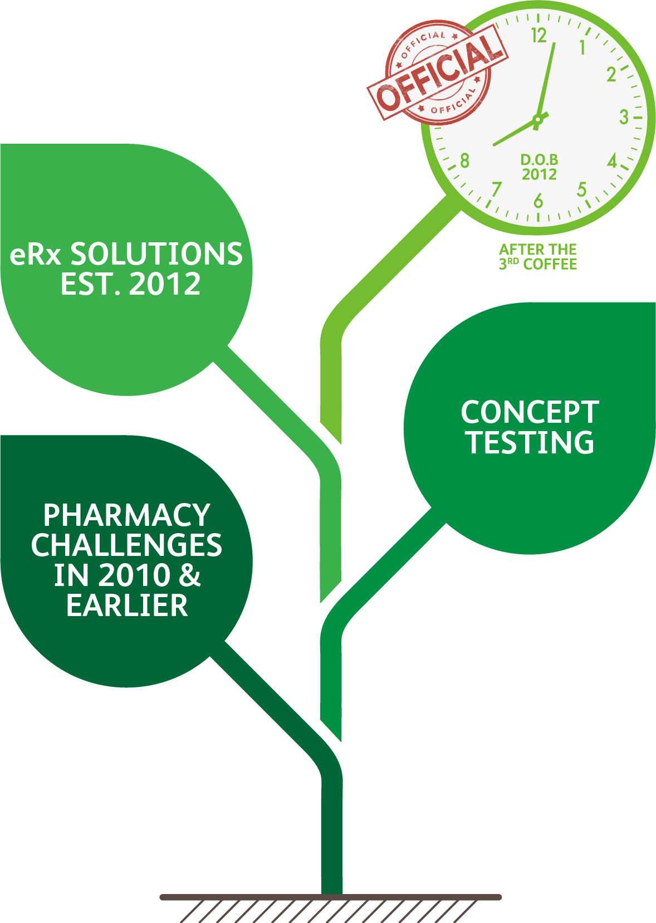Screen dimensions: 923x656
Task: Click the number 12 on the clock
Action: click(x=538, y=36)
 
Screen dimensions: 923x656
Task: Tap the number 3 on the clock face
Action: click(x=624, y=117)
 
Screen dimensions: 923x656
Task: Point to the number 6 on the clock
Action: click(x=538, y=201)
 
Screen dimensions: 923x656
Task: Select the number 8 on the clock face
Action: click(x=464, y=161)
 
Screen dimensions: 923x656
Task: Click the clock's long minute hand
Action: click(x=547, y=78)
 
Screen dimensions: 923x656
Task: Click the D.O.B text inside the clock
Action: click(x=539, y=160)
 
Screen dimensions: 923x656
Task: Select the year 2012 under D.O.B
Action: click(x=539, y=174)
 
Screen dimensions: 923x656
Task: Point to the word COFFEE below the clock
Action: click(x=550, y=264)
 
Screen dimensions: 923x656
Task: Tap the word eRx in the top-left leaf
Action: click(x=36, y=255)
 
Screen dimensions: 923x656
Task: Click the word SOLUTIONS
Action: click(x=156, y=254)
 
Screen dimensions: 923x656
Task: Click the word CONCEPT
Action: click(x=530, y=413)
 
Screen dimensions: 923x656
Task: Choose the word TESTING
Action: click(x=530, y=443)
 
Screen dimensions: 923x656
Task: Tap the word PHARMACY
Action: click(x=127, y=515)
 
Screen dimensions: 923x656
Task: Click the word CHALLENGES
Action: click(x=126, y=545)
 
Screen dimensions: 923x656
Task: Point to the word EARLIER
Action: click(x=127, y=605)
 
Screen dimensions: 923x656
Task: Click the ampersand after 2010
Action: click(x=189, y=575)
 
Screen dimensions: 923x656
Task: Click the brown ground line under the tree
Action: click(x=331, y=897)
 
